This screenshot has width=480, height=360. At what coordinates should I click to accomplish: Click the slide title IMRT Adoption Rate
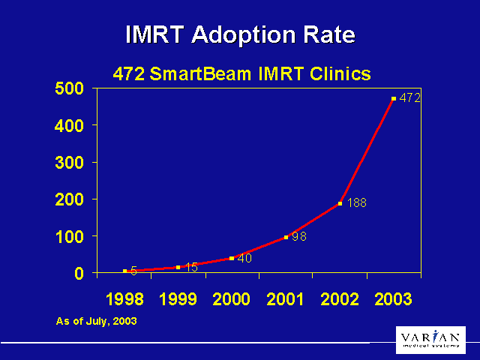click(x=240, y=34)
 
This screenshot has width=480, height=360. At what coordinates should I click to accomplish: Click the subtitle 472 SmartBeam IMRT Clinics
click(x=241, y=73)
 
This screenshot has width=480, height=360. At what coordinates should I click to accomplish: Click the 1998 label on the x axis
click(x=124, y=299)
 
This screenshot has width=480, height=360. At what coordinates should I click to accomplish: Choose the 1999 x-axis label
click(x=178, y=299)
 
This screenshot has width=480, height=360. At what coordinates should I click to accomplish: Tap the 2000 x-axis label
click(x=232, y=299)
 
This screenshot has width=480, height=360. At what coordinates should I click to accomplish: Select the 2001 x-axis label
click(x=286, y=299)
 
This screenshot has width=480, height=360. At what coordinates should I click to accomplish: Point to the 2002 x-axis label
click(x=340, y=299)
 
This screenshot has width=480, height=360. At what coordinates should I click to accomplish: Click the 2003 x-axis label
click(x=393, y=299)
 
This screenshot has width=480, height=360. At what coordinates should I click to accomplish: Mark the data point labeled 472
click(x=393, y=98)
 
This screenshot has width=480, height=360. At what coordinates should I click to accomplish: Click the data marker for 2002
click(x=340, y=203)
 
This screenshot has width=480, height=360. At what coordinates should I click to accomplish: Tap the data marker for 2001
click(x=286, y=237)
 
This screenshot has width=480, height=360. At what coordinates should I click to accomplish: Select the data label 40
click(x=244, y=258)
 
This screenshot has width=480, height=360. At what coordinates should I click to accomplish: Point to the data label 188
click(x=356, y=203)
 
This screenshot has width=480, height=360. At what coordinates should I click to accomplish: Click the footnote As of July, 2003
click(x=96, y=321)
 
